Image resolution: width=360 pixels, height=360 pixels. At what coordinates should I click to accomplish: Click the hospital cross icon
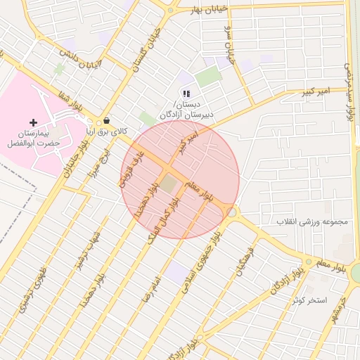pyautogui.click(x=33, y=122)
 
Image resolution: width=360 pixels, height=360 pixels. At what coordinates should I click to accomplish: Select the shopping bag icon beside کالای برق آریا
pyautogui.click(x=106, y=120)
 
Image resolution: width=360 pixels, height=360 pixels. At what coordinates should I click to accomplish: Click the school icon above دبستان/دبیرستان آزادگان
pyautogui.click(x=186, y=93)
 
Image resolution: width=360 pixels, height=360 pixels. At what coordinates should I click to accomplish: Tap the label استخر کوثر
pyautogui.click(x=311, y=300)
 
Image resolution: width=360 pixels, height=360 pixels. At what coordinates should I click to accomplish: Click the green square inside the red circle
pyautogui.click(x=168, y=184)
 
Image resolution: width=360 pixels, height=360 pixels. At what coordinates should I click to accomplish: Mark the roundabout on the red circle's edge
pyautogui.click(x=231, y=212)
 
